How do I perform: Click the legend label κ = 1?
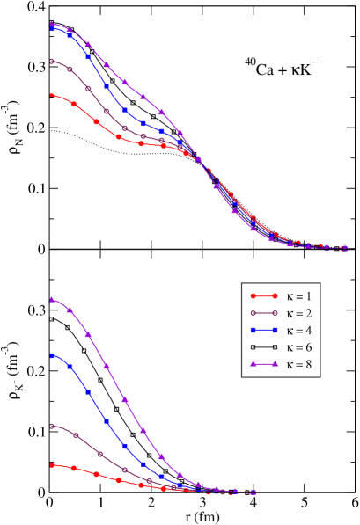click(x=297, y=295)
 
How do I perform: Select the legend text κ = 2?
click(x=297, y=313)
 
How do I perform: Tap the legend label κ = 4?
click(x=297, y=330)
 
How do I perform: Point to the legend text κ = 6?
click(x=297, y=347)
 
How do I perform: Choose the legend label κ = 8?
click(x=297, y=364)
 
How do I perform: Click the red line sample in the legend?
click(x=263, y=295)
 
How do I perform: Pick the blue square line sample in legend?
click(x=263, y=330)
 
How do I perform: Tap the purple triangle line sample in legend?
click(x=263, y=364)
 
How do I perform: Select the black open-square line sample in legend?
click(x=263, y=347)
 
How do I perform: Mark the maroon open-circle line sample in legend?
click(x=263, y=313)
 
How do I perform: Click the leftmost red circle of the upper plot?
click(x=53, y=95)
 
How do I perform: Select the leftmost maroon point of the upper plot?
click(x=53, y=61)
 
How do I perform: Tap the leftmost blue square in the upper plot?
click(x=53, y=28)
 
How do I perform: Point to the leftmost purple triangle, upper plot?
click(x=53, y=25)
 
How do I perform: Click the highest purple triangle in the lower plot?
click(x=53, y=300)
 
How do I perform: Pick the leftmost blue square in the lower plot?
click(x=53, y=355)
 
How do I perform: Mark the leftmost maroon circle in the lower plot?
click(x=53, y=426)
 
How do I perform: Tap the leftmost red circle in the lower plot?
click(x=53, y=464)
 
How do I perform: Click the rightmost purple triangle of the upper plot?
click(x=343, y=248)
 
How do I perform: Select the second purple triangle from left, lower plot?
click(x=70, y=310)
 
